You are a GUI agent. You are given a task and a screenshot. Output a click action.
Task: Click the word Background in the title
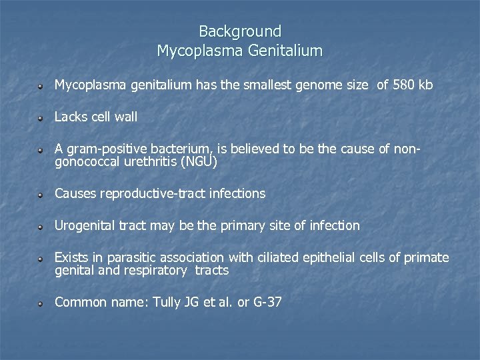pos(240,31)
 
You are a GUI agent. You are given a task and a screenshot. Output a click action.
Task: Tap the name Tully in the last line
pos(167,303)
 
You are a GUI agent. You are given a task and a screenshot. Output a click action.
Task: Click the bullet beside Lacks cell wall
pos(41,118)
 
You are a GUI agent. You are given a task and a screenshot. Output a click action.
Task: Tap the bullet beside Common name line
pos(41,303)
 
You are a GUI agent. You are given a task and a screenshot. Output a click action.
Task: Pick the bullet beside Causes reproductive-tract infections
pos(41,195)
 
